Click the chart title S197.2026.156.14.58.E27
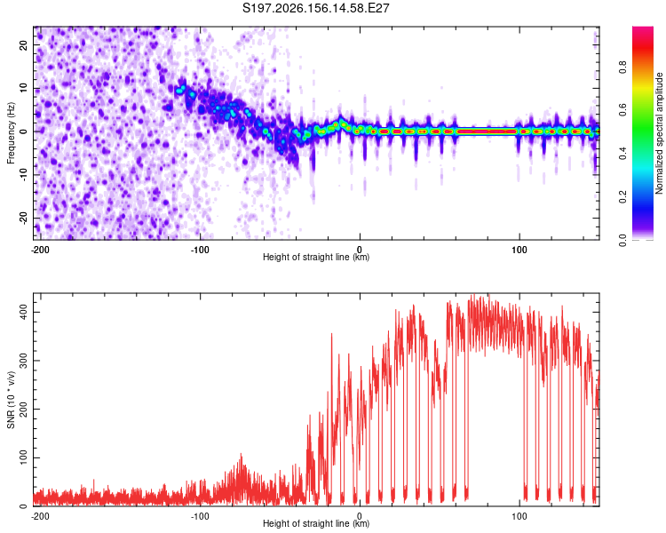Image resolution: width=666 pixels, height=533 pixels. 315,8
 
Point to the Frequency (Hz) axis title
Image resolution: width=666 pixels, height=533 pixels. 11,133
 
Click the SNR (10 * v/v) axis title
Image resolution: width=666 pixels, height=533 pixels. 11,400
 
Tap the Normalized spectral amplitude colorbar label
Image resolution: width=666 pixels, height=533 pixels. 659,133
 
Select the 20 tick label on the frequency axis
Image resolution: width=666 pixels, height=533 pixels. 23,44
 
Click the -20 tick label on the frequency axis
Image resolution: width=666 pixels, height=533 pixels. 23,218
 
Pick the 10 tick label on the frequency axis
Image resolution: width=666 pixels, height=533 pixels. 23,88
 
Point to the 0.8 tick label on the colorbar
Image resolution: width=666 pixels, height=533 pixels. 622,68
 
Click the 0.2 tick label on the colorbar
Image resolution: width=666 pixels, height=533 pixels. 622,197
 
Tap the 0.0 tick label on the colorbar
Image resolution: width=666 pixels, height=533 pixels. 622,240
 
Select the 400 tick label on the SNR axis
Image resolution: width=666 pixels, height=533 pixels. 23,312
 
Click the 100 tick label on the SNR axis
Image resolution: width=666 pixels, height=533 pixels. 23,457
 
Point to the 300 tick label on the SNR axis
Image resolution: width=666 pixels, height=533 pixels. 23,361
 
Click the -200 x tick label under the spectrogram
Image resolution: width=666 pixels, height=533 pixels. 40,250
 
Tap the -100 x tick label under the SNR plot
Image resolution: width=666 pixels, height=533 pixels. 200,516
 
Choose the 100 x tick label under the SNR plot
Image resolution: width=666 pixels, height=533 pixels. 519,516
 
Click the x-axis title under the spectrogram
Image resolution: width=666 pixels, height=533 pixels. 316,257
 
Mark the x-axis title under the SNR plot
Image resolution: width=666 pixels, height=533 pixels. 316,523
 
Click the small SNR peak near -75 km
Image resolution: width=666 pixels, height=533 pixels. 242,456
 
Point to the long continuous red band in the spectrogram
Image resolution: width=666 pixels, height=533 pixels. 487,131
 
